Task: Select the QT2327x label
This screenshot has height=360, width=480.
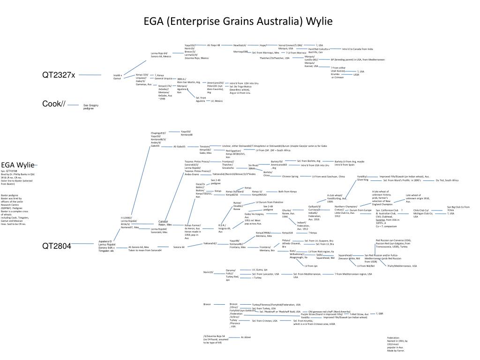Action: point(59,75)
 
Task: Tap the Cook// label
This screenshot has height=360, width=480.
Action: point(53,104)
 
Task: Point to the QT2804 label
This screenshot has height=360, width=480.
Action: point(57,245)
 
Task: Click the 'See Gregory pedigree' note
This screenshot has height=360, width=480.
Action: point(90,107)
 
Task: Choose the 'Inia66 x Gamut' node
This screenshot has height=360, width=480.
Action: point(118,76)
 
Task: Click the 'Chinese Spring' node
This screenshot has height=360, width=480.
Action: point(290,177)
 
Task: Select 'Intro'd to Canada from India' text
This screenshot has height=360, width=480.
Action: point(357,49)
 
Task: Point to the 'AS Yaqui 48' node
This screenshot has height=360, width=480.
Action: point(213,45)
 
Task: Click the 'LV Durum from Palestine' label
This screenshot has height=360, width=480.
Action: point(270,202)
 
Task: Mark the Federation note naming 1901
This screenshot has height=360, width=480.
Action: point(396,344)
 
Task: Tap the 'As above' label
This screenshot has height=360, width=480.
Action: point(246,337)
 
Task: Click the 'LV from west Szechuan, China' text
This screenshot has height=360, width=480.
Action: point(329,177)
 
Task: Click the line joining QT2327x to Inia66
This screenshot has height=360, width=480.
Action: point(90,75)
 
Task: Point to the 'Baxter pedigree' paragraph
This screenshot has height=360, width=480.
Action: point(15,209)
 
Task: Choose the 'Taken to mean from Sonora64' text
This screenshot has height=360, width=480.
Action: point(145,250)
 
